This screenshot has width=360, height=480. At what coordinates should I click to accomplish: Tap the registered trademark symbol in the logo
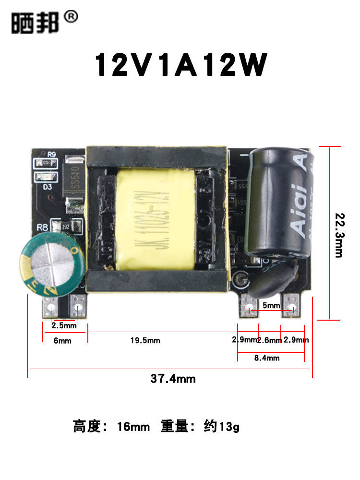click(x=70, y=17)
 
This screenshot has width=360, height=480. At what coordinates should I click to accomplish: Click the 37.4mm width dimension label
click(x=173, y=379)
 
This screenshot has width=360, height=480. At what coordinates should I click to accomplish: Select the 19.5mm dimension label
click(x=145, y=340)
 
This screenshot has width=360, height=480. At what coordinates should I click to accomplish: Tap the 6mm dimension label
click(x=62, y=341)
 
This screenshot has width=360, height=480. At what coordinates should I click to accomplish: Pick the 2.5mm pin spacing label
click(x=64, y=325)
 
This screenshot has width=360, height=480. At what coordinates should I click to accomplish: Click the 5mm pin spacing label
click(x=271, y=305)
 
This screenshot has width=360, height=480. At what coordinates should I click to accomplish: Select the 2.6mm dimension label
click(x=269, y=340)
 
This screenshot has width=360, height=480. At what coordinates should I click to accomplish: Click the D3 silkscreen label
click(x=48, y=187)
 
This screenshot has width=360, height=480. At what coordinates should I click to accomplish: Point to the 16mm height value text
click(x=133, y=426)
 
